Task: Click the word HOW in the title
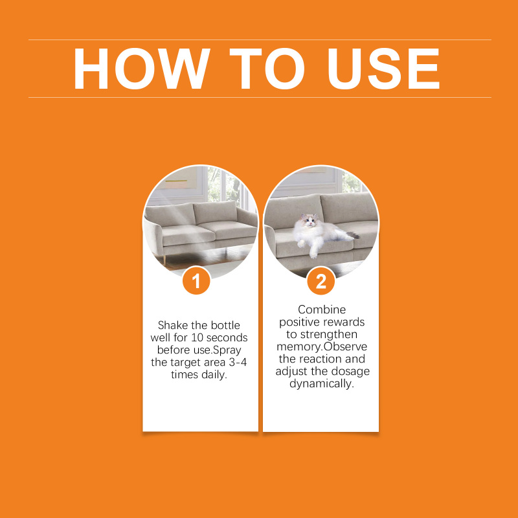(142, 69)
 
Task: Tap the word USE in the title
(383, 69)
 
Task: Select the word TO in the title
(267, 69)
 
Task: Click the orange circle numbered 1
(196, 281)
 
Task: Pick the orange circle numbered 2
(321, 281)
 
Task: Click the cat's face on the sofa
(310, 221)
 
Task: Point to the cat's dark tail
(353, 235)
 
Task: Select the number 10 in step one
(197, 337)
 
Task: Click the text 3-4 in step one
(238, 362)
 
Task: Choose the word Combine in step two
(322, 310)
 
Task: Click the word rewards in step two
(343, 322)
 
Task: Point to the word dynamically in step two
(322, 384)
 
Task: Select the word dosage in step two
(350, 371)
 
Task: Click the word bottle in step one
(225, 325)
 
